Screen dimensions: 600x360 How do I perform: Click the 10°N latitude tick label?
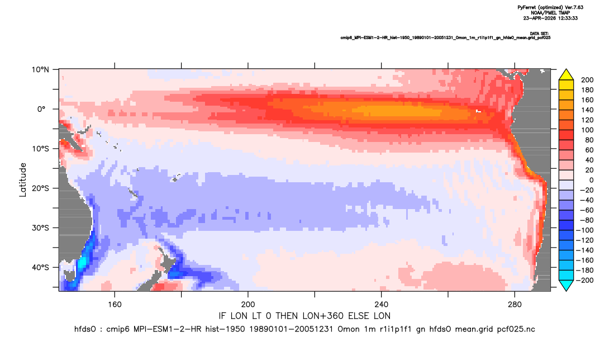[x=40, y=70]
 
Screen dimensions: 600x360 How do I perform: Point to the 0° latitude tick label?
[x=41, y=109]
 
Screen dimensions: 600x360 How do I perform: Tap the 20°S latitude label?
[x=40, y=188]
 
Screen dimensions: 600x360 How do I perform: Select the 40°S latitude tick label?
[x=40, y=267]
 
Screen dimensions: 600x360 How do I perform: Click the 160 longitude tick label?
[x=115, y=305]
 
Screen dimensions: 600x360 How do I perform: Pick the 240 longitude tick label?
[x=382, y=305]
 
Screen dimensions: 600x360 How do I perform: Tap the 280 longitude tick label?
[x=515, y=305]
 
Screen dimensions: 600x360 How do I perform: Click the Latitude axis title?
[x=23, y=180]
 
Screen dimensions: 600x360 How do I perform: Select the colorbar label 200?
[x=587, y=80]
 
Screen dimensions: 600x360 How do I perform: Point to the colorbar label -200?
[x=585, y=280]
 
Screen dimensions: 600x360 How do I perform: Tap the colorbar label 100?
[x=587, y=130]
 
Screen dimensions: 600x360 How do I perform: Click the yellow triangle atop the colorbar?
[x=566, y=75]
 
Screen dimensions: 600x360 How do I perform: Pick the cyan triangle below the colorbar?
[x=566, y=285]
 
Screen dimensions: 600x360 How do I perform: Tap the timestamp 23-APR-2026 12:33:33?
[x=550, y=18]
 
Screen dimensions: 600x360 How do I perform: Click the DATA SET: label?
[x=540, y=34]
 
